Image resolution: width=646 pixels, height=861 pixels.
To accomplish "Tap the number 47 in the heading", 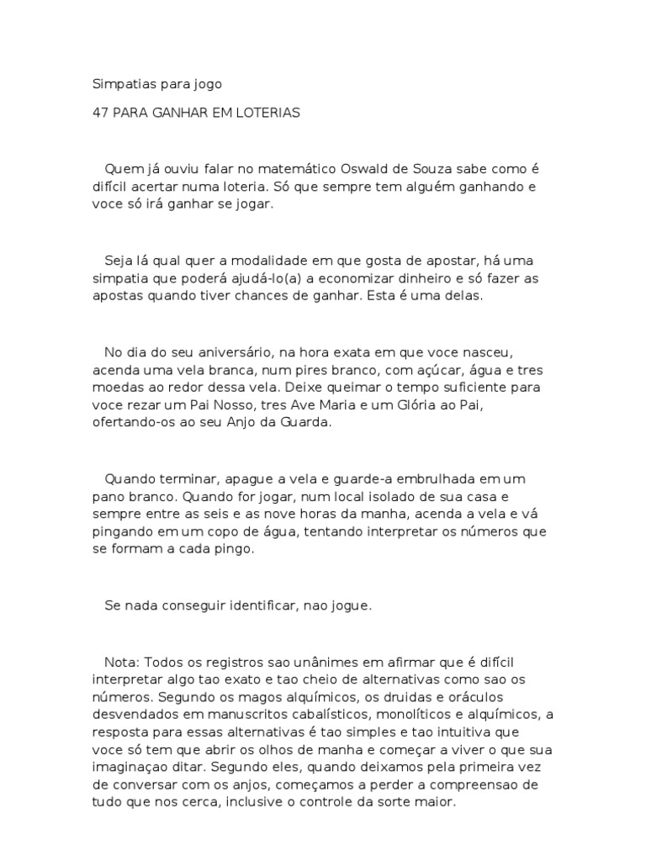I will pos(99,112).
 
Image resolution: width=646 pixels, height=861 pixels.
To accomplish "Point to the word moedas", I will pos(114,388).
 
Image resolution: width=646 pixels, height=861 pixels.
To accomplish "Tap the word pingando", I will pos(120,532).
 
